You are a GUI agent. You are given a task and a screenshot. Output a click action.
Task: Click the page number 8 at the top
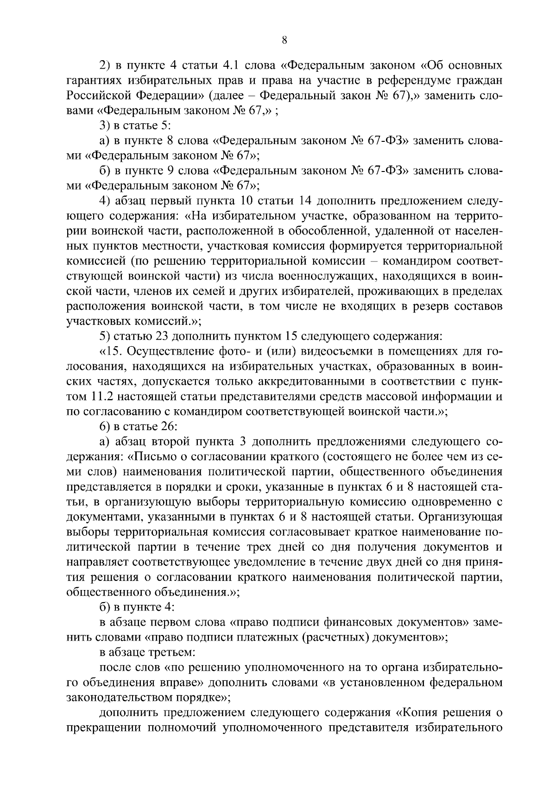(284, 41)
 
